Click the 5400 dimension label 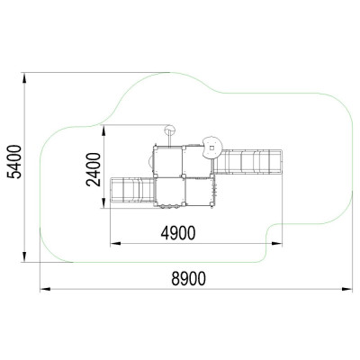pyautogui.click(x=14, y=162)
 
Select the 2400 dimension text pyautogui.click(x=93, y=169)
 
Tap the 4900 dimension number pyautogui.click(x=178, y=233)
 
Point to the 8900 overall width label pyautogui.click(x=189, y=278)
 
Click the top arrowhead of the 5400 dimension pyautogui.click(x=24, y=77)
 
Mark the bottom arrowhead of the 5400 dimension pyautogui.click(x=24, y=257)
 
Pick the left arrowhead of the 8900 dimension pyautogui.click(x=45, y=289)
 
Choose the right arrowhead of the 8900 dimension pyautogui.click(x=347, y=289)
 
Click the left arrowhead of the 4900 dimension pyautogui.click(x=115, y=243)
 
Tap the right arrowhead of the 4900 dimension pyautogui.click(x=277, y=243)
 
